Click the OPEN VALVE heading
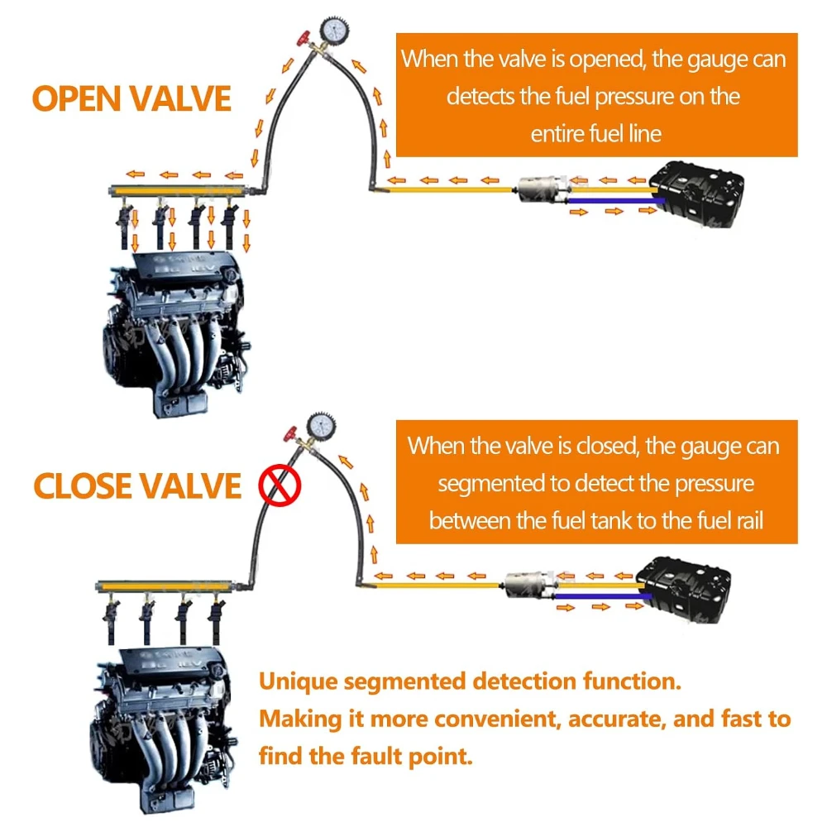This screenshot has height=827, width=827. coord(131,98)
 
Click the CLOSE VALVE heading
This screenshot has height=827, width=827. coord(137,485)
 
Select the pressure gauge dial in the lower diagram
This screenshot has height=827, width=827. coord(318,428)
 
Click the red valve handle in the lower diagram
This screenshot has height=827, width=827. coord(289,434)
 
